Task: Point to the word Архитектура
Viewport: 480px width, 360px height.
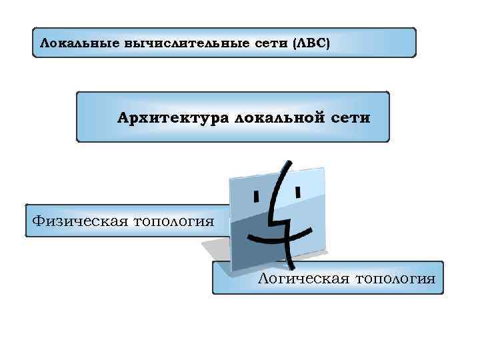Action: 170,119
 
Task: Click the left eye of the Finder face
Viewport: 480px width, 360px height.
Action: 255,196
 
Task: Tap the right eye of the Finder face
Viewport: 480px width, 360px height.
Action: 297,192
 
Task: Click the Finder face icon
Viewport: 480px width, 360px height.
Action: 277,213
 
